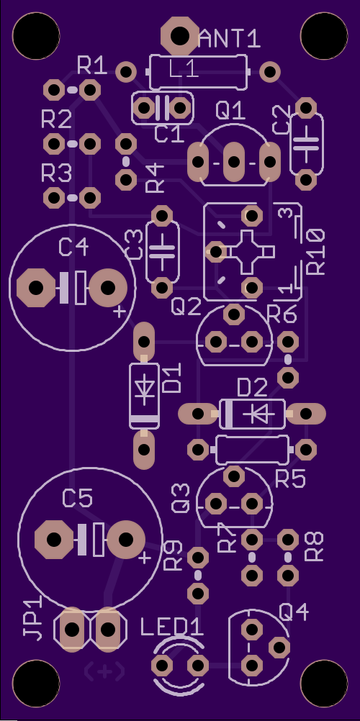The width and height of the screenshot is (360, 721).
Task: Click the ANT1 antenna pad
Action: point(180,35)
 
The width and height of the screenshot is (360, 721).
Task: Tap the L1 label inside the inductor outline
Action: point(184,71)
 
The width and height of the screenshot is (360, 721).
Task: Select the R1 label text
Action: point(92,66)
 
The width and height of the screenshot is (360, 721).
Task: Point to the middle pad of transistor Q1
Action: point(234,161)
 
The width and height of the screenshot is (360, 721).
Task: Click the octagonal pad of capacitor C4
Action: point(36,288)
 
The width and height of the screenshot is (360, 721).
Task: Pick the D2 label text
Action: point(252,389)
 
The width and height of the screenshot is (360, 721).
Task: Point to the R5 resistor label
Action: point(290,479)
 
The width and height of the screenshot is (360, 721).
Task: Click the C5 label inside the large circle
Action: point(77,499)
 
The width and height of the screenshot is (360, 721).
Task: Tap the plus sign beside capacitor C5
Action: point(145,558)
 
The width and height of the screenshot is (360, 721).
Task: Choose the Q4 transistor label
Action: point(294,612)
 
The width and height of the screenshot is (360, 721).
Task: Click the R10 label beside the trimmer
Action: point(316,252)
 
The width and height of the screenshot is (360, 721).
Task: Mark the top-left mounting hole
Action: point(36,36)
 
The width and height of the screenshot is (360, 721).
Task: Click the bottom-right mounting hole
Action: point(324,684)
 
